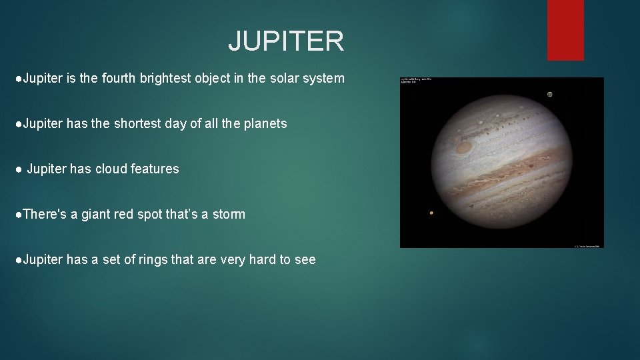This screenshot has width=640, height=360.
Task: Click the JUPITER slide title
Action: [286, 41]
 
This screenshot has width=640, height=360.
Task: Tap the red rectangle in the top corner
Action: [565, 29]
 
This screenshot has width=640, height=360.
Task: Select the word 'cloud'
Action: [111, 169]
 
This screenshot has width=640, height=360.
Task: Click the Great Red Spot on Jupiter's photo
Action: [463, 147]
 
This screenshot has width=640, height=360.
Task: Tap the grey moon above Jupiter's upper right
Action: [549, 94]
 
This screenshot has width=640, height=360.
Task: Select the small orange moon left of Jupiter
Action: [431, 213]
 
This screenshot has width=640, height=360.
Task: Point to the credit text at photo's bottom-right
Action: [587, 245]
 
